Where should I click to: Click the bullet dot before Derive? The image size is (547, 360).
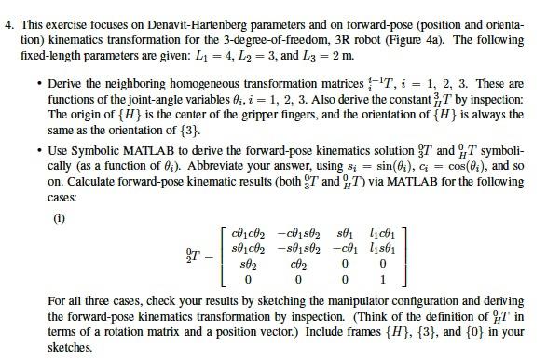click(x=38, y=84)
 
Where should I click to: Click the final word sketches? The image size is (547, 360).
click(x=68, y=347)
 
